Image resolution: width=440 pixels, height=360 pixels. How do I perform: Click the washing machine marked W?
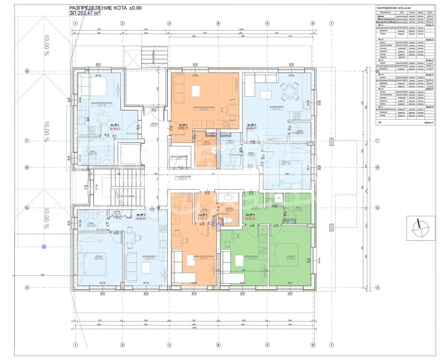pos(279,198)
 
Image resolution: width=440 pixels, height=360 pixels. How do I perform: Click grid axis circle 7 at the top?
pos(331,24)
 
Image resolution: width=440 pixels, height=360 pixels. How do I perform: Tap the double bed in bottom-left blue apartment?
pos(92,254)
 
